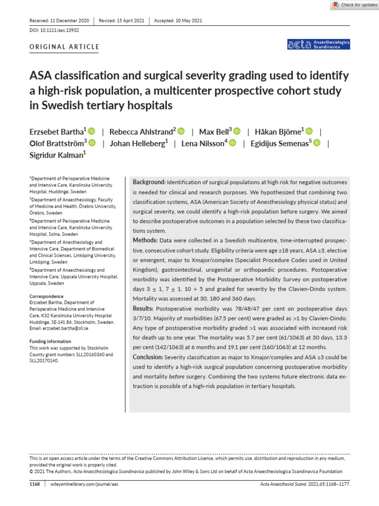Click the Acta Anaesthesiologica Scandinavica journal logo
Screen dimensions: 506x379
[x=318, y=45]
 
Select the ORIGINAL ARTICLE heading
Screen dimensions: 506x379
[x=65, y=47]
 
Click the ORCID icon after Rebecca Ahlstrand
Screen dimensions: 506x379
[x=181, y=131]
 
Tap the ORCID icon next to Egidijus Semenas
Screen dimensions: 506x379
[x=317, y=143]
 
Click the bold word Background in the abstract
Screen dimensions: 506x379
[x=150, y=182]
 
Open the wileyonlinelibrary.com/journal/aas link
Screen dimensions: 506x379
[x=84, y=484]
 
